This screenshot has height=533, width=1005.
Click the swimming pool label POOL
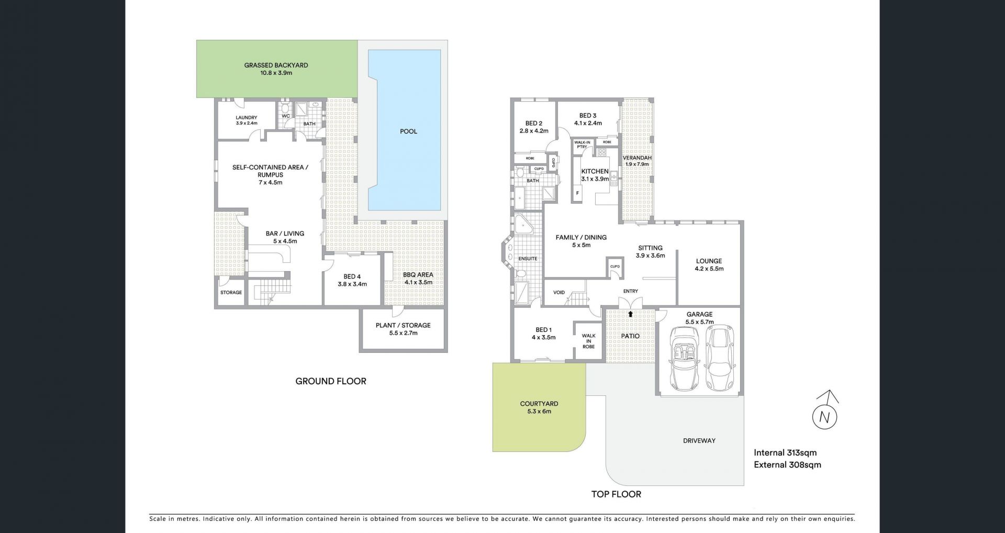408,131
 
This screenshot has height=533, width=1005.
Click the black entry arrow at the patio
630,314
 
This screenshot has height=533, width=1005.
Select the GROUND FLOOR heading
331,381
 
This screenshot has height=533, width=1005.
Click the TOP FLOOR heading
616,494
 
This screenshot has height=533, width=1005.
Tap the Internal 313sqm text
785,453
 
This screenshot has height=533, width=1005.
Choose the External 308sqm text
787,464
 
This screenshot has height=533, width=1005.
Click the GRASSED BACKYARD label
276,65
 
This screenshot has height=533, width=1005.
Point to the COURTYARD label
539,404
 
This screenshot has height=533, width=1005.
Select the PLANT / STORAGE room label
403,325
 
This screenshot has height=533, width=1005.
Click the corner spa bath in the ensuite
523,226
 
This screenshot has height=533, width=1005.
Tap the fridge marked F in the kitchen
578,193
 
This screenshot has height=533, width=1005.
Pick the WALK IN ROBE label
588,341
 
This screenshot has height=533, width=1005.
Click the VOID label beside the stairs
559,292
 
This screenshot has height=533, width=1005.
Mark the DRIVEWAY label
699,441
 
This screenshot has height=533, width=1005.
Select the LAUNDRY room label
246,118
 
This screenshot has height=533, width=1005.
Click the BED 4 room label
352,276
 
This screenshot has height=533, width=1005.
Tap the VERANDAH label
637,158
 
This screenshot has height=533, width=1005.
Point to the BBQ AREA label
418,275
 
